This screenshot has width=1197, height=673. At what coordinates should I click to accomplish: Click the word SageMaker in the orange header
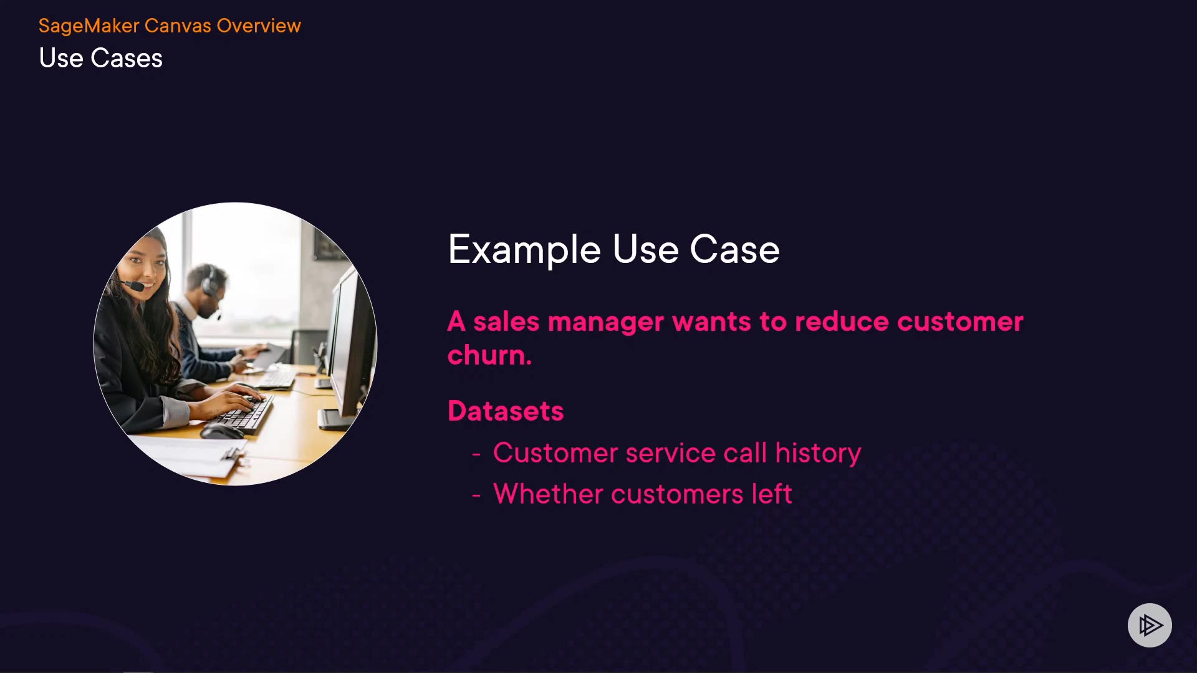click(89, 26)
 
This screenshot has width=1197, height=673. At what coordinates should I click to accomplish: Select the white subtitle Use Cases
click(100, 58)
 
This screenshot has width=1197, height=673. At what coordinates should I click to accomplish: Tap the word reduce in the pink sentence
click(842, 322)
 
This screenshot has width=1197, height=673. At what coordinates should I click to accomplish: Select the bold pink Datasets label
click(506, 411)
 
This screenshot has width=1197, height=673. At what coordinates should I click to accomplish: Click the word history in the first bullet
click(818, 453)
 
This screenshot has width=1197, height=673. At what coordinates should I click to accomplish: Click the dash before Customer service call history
click(476, 455)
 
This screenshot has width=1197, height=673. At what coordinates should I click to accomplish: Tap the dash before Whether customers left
click(476, 496)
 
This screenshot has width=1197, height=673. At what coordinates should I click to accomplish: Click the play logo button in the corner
click(1150, 625)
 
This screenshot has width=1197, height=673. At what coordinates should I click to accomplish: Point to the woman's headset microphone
click(132, 286)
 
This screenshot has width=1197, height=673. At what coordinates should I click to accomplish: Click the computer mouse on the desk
click(221, 431)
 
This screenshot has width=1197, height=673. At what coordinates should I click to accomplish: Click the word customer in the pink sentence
click(960, 322)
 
